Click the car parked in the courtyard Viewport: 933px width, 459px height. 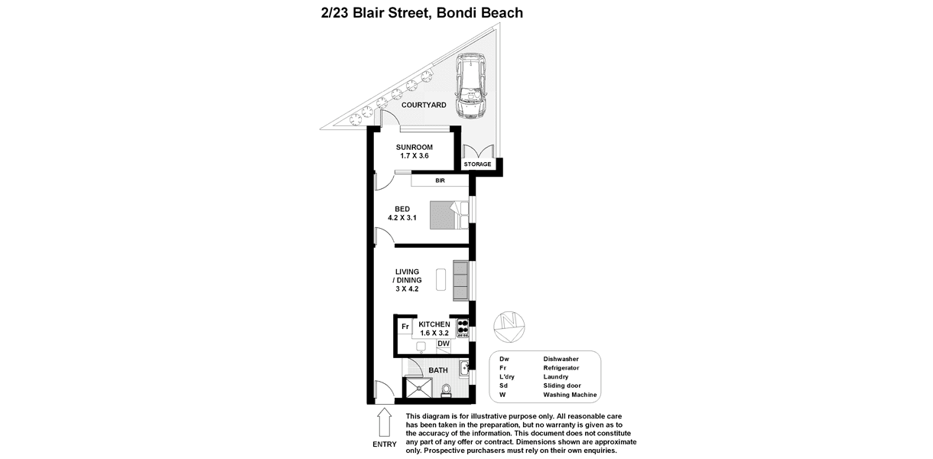pyautogui.click(x=471, y=86)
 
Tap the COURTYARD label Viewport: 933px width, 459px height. pyautogui.click(x=424, y=106)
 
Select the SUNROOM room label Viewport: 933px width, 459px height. pyautogui.click(x=414, y=148)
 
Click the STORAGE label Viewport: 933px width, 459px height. pyautogui.click(x=477, y=164)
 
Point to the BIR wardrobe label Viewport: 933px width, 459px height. pyautogui.click(x=440, y=181)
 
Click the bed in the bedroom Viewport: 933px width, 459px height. pyautogui.click(x=447, y=215)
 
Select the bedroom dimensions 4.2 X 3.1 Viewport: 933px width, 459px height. pyautogui.click(x=402, y=218)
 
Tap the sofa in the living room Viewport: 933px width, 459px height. pyautogui.click(x=461, y=281)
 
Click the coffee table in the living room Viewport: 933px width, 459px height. pyautogui.click(x=440, y=279)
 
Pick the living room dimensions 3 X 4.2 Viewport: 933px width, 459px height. pyautogui.click(x=408, y=289)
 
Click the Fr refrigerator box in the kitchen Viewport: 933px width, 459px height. pyautogui.click(x=405, y=327)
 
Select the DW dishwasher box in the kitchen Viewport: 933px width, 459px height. pyautogui.click(x=443, y=344)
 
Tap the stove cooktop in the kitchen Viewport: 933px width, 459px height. pyautogui.click(x=462, y=328)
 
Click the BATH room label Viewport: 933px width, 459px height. pyautogui.click(x=438, y=370)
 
